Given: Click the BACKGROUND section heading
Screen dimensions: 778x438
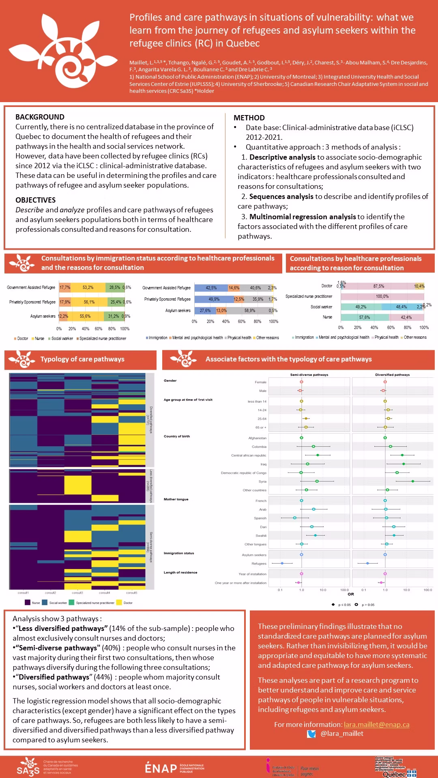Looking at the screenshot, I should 40,117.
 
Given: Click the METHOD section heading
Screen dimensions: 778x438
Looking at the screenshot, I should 249,118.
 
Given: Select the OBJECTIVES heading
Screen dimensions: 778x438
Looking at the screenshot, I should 36,200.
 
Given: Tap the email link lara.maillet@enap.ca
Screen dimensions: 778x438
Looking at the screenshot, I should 376,725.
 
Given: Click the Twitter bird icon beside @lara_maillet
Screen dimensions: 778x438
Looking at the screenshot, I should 311,734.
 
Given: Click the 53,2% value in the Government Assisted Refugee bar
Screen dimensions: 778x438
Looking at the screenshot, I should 88,288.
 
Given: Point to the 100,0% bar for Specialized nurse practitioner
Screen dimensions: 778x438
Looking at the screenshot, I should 382,297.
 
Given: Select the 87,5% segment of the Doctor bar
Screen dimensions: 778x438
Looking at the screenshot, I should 379,286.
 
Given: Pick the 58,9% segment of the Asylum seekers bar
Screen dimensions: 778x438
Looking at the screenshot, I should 250,311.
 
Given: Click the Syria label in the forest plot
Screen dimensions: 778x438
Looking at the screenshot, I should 262,482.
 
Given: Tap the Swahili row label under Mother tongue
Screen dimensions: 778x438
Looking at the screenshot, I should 261,536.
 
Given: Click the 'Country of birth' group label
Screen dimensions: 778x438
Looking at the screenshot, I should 177,436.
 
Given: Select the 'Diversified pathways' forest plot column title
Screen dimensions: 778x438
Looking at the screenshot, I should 392,375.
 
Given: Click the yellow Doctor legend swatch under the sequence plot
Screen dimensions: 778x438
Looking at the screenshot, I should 119,603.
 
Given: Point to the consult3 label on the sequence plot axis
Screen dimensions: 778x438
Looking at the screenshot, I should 77,593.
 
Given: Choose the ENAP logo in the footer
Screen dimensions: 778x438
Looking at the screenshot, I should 174,768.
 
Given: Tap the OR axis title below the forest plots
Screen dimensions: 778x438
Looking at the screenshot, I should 351,594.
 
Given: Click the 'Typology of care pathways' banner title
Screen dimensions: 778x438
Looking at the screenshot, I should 82,359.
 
